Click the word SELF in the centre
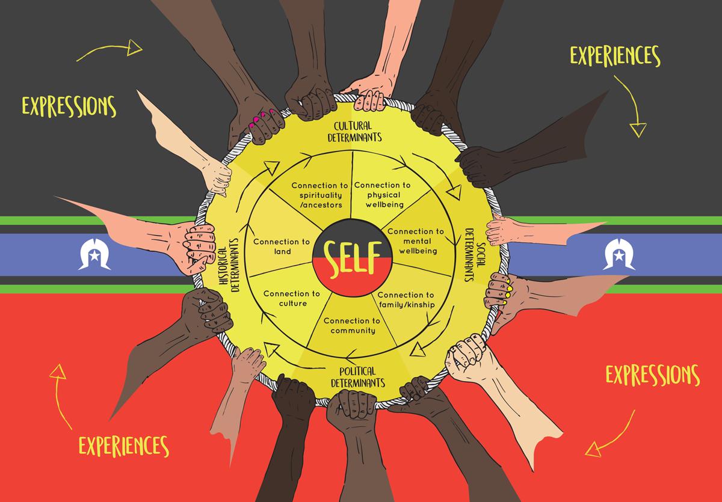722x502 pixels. (353, 259)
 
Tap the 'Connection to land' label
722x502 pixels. (282, 246)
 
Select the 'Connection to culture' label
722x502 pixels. (292, 299)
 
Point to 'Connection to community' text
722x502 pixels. (352, 325)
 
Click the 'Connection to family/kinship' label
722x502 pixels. (406, 300)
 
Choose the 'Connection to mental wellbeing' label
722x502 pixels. (416, 241)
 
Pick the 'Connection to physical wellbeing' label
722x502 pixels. (383, 195)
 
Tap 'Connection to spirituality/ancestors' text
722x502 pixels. (320, 195)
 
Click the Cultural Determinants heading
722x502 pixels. (354, 132)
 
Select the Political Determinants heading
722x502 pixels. (358, 377)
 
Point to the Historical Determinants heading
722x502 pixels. (229, 265)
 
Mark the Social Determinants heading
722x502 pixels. (475, 255)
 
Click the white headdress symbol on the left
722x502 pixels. (94, 254)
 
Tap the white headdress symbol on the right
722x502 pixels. (619, 254)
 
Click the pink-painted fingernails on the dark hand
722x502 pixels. (261, 118)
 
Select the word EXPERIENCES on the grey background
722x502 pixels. (616, 56)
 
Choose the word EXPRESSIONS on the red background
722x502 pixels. (653, 375)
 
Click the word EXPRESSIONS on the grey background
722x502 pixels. (69, 106)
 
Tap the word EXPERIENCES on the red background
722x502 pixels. (124, 446)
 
